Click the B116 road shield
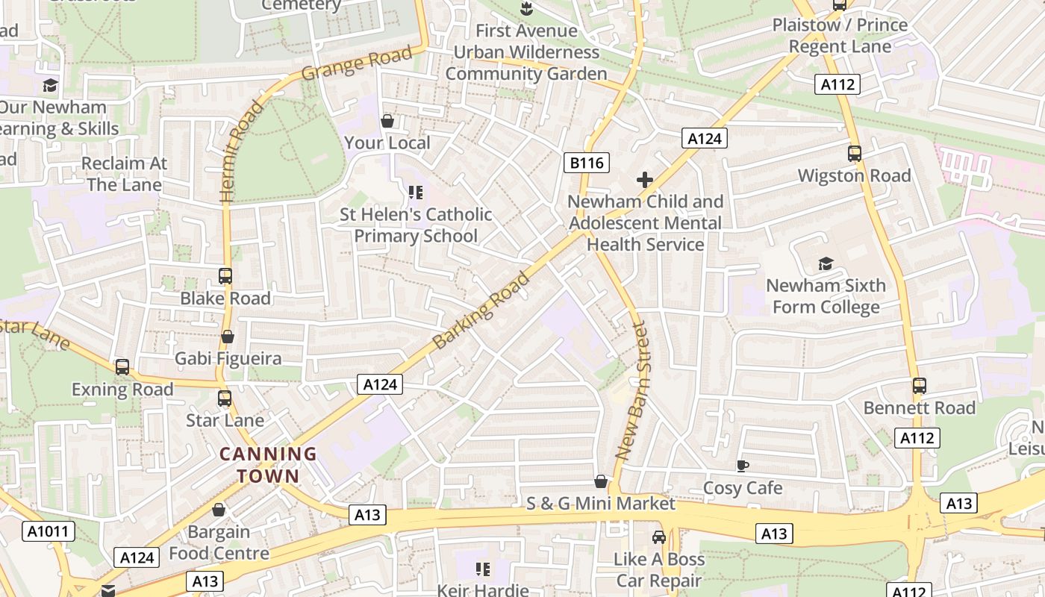[587, 163]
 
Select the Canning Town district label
[268, 464]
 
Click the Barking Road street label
[481, 310]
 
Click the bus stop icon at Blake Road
[225, 276]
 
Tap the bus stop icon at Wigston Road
[855, 154]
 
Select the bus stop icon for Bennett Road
[920, 386]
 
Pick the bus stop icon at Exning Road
[122, 367]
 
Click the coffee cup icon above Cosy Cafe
[742, 466]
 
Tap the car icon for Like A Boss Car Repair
[659, 537]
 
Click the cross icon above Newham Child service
[645, 180]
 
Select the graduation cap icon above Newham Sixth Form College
[826, 263]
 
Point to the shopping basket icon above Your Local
[387, 121]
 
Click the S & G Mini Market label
[600, 504]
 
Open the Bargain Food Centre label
[219, 543]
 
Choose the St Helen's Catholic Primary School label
[416, 225]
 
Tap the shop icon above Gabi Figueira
[228, 337]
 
